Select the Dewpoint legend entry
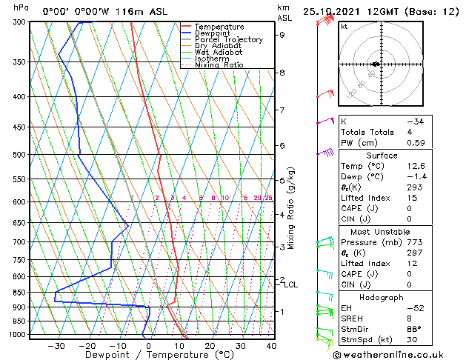(218, 33)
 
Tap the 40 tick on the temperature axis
(271, 346)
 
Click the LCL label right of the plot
(290, 284)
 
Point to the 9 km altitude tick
(282, 35)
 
